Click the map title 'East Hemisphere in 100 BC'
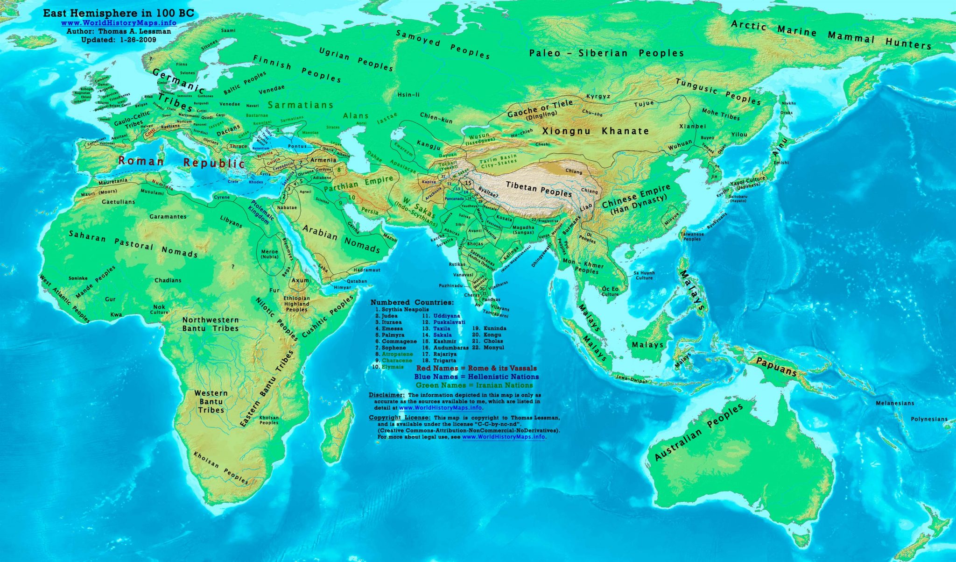point(119,14)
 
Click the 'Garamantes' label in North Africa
point(168,217)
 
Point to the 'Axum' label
point(300,280)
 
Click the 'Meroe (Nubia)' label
point(269,254)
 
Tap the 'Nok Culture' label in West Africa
point(159,310)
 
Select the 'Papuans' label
point(776,367)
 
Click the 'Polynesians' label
point(929,419)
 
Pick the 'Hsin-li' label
point(408,95)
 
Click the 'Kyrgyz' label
point(598,96)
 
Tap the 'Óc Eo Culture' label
point(610,292)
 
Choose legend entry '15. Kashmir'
point(439,341)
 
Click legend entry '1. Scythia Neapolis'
point(402,309)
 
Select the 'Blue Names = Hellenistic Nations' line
point(476,377)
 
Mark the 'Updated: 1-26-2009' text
point(119,40)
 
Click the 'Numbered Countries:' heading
point(412,302)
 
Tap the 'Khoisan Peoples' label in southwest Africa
point(221,468)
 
